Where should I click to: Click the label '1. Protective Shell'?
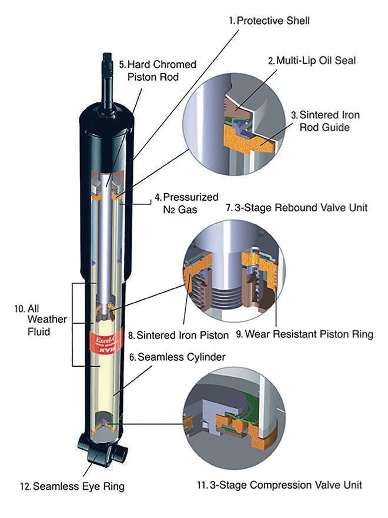[269, 21]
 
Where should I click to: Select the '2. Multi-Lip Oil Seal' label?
[312, 61]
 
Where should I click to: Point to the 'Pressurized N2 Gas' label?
[186, 202]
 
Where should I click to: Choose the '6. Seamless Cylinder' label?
[169, 357]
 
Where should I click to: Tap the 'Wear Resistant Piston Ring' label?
[304, 334]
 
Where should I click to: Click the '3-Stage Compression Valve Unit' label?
[279, 484]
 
